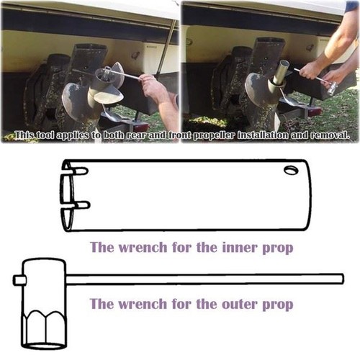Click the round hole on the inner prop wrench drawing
click(x=291, y=170)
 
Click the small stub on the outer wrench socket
click(x=19, y=280)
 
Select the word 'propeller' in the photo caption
click(x=214, y=135)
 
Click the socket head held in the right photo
click(x=333, y=88)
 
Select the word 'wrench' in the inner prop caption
click(x=143, y=247)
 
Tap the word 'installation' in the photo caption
click(x=263, y=135)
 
